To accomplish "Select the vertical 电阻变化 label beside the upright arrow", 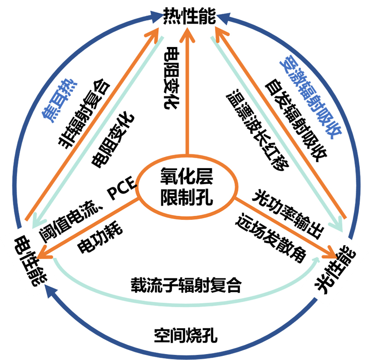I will tap(171, 78).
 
